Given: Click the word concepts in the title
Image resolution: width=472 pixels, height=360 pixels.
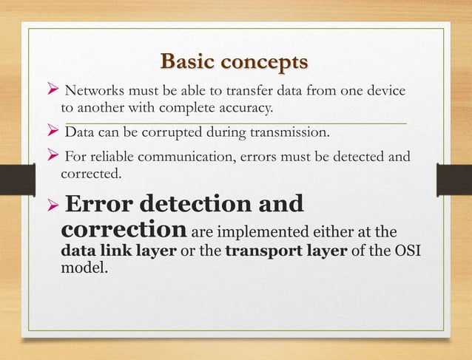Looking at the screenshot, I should pyautogui.click(x=264, y=60).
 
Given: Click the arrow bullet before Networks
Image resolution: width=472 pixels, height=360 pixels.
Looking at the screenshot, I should pyautogui.click(x=52, y=92).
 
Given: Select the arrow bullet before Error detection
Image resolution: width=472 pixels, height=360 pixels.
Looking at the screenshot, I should pyautogui.click(x=53, y=204).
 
